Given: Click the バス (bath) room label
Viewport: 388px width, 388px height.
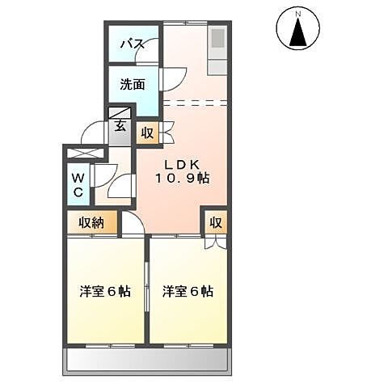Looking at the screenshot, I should coord(133,44).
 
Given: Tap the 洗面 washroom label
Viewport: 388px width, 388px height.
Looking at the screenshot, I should coord(133,83).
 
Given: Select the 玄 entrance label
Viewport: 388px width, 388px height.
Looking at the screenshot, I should coord(120,125).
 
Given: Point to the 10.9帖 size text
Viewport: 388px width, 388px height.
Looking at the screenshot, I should coord(184,178).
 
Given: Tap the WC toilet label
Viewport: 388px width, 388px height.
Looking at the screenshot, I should coord(77,185).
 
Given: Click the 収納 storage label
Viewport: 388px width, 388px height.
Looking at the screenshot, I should coord(91,222).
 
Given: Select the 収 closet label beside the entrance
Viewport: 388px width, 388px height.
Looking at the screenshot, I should coord(147,133).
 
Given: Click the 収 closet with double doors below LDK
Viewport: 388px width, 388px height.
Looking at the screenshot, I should coord(216,223).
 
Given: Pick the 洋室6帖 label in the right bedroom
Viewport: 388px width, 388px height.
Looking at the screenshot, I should coord(188,290).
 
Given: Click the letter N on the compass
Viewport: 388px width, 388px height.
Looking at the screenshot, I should coord(297,14).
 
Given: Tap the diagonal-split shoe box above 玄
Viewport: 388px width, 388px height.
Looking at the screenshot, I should coord(119,112).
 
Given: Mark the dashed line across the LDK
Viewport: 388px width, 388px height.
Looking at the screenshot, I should coord(195,102).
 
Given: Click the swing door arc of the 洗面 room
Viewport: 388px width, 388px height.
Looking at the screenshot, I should coord(171,79).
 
